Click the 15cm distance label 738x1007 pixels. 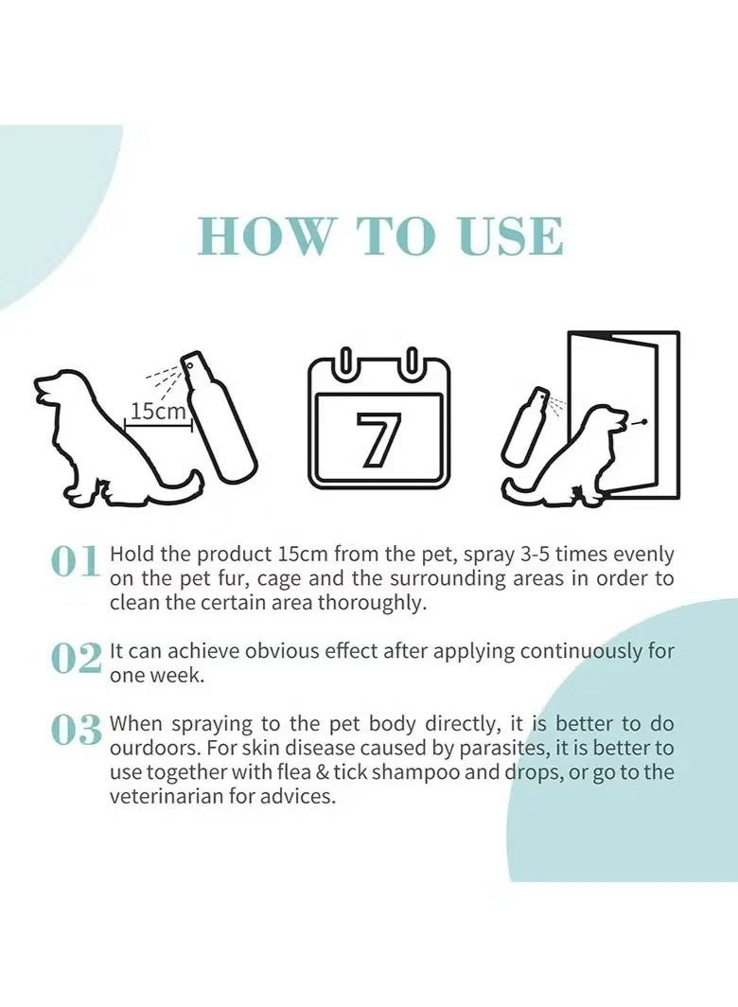coord(159,411)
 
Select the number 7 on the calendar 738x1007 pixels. coord(379,439)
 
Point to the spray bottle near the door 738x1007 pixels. coord(525,426)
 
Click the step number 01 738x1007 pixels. coord(75,561)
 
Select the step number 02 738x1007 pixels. coord(76,659)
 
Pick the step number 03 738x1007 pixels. coord(76,731)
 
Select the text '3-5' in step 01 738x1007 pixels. coord(536,555)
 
